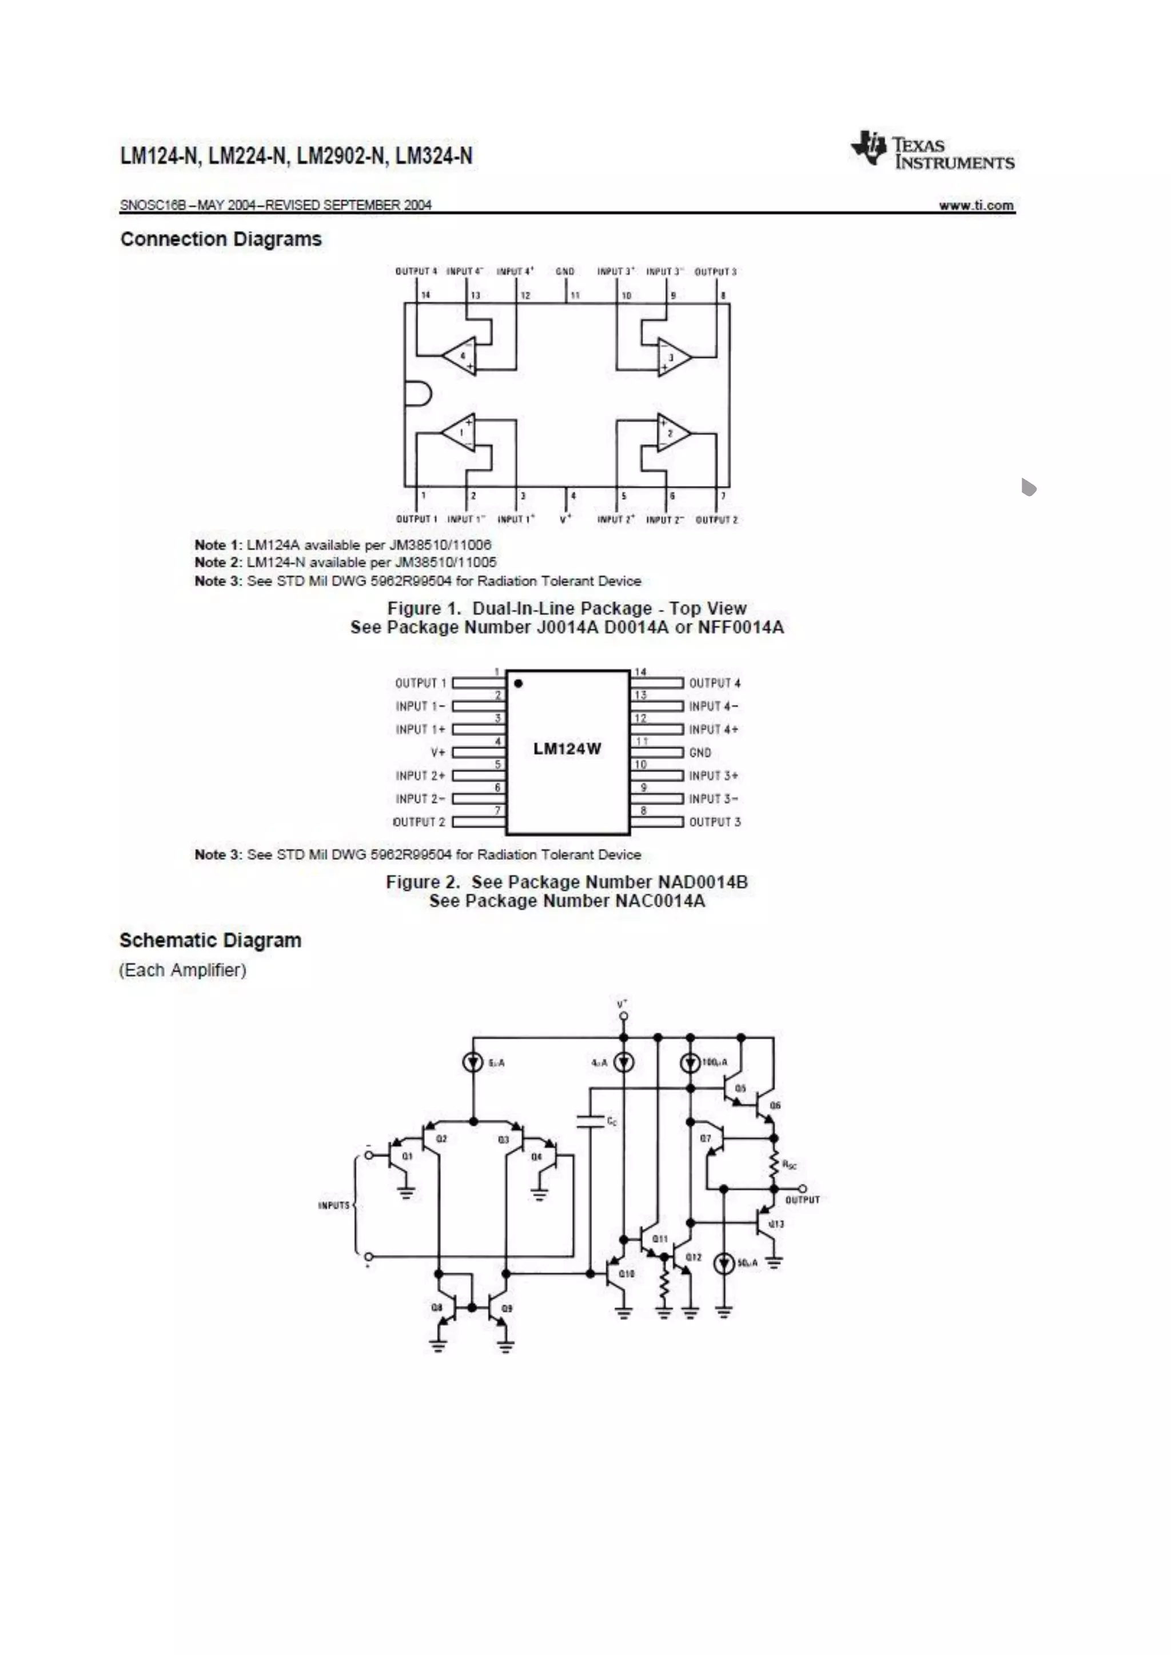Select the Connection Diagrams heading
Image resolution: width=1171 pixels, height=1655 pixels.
[x=221, y=239]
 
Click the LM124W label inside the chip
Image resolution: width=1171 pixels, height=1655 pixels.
[x=567, y=749]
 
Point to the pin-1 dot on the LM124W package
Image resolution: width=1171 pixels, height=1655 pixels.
[x=519, y=682]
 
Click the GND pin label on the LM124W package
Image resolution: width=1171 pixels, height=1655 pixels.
[x=699, y=753]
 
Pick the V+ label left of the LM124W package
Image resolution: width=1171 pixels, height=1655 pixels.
[x=437, y=753]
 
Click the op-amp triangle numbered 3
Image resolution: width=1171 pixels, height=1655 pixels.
[x=674, y=357]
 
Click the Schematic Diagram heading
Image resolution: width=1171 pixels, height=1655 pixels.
[x=210, y=941]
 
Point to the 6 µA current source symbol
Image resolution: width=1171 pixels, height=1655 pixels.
[x=473, y=1062]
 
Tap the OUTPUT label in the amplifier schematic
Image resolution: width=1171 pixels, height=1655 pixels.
[x=802, y=1200]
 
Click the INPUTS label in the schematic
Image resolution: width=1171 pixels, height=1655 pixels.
[x=334, y=1205]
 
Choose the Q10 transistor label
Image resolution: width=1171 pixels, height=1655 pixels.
[x=627, y=1274]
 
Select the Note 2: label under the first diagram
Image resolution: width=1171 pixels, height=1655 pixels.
[x=218, y=562]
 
